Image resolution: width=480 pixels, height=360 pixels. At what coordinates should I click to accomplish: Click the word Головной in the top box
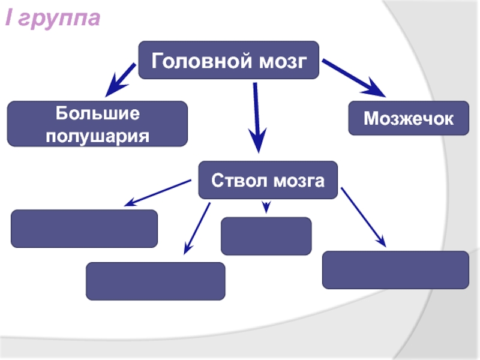pyautogui.click(x=193, y=61)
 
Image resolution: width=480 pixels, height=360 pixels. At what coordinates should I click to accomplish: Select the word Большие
pyautogui.click(x=97, y=113)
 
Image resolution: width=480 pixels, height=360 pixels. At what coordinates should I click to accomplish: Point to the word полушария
pyautogui.click(x=97, y=134)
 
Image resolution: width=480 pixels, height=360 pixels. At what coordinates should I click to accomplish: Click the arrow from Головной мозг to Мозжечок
pyautogui.click(x=354, y=78)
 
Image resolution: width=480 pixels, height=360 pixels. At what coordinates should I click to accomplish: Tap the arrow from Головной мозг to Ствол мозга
pyautogui.click(x=257, y=117)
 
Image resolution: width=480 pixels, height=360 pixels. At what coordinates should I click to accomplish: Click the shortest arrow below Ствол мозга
pyautogui.click(x=266, y=206)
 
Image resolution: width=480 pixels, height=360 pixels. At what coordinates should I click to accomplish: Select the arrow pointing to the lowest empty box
pyautogui.click(x=197, y=227)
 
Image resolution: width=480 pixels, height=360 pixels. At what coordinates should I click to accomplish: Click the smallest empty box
pyautogui.click(x=266, y=236)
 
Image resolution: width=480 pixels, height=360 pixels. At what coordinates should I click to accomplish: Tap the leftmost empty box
pyautogui.click(x=85, y=228)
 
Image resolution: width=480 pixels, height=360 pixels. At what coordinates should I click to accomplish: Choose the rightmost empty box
pyautogui.click(x=395, y=269)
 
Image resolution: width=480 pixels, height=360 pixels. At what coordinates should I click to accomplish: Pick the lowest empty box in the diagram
pyautogui.click(x=155, y=281)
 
